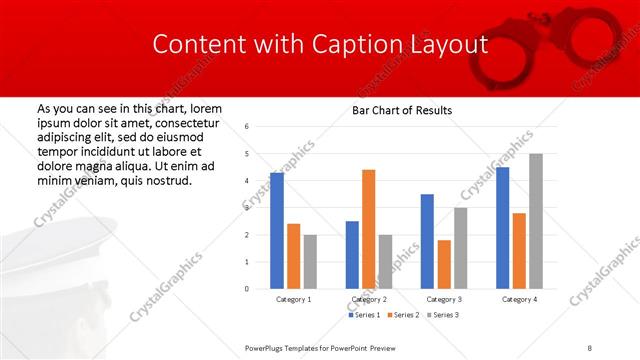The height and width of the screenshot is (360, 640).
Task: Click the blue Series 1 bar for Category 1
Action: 277,231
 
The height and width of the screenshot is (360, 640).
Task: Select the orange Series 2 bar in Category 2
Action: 368,229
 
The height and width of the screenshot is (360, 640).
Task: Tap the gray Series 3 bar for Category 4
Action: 536,221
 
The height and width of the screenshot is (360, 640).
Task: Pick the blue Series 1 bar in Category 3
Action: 427,241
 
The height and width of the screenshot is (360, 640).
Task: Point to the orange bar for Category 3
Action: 444,264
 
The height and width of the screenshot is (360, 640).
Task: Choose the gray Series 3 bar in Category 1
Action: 310,261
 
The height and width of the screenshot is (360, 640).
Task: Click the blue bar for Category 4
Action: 502,228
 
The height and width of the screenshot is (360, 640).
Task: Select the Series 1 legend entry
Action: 362,315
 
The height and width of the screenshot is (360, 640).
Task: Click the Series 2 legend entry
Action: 402,315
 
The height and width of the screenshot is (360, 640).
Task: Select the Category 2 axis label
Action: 369,299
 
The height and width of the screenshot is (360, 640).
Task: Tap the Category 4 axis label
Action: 519,299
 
